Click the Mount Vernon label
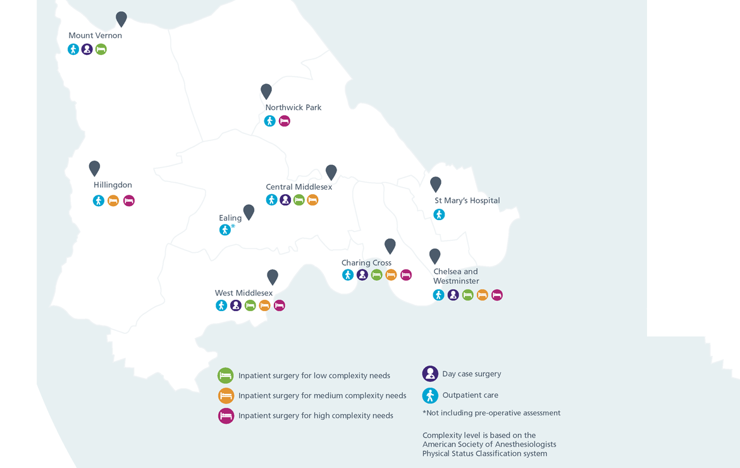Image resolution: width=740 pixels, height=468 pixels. tap(95, 35)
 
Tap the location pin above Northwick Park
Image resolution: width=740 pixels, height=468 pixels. tap(266, 91)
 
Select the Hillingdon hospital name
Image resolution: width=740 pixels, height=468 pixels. tap(113, 185)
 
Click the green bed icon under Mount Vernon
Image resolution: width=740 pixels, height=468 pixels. tap(101, 49)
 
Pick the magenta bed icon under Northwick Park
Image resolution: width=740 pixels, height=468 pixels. tap(285, 121)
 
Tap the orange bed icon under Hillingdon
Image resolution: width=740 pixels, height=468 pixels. tap(113, 201)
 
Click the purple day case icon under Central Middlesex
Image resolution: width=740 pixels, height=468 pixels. tap(285, 200)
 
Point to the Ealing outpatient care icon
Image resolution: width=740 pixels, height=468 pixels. tap(225, 230)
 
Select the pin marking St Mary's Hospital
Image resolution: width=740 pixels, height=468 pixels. tap(436, 184)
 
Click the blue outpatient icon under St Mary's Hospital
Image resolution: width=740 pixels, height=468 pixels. tap(439, 214)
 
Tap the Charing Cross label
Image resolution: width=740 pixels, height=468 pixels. tap(366, 262)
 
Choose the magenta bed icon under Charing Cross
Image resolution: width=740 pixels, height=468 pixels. tap(406, 274)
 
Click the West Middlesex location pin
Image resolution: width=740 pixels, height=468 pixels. tap(273, 277)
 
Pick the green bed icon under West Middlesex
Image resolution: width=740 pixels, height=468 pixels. tap(250, 305)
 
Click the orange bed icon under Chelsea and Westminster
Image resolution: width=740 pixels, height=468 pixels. tap(483, 295)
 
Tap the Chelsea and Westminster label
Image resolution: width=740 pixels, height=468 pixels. tap(456, 276)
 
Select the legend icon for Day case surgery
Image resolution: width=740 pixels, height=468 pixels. tap(430, 374)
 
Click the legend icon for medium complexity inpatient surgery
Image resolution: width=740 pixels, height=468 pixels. tap(226, 396)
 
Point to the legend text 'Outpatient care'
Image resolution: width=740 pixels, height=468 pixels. tap(470, 395)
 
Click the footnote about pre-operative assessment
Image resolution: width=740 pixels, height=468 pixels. tap(491, 413)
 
